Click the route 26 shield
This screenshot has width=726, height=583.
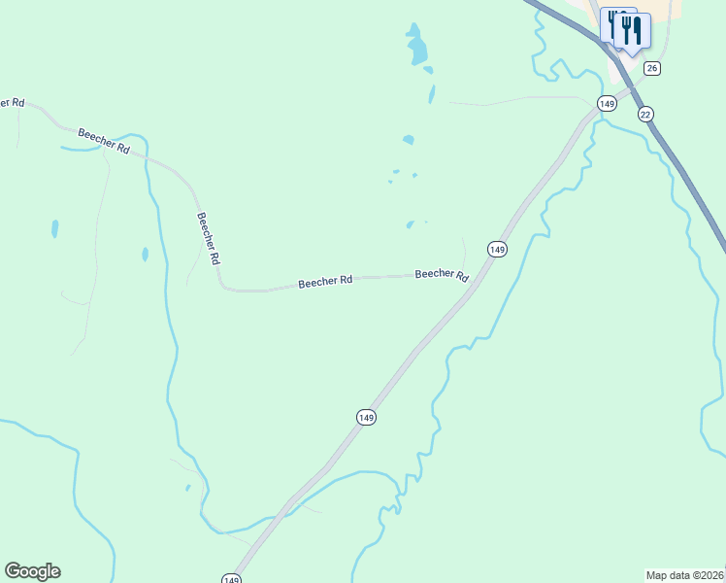(652, 68)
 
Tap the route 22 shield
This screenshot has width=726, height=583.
(645, 114)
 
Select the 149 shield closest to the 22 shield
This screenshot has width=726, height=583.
(607, 103)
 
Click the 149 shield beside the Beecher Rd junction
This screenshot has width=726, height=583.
(497, 250)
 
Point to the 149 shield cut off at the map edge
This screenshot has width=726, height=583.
(231, 578)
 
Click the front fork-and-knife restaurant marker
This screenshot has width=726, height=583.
(632, 33)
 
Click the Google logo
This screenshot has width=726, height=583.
(32, 571)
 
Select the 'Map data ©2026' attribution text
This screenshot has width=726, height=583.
(685, 575)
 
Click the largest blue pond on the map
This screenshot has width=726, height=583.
(417, 47)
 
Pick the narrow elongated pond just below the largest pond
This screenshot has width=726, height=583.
(431, 94)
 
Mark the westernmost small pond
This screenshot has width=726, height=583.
(54, 229)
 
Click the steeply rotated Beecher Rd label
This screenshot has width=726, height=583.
(209, 239)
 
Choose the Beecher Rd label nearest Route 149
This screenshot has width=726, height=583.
(442, 275)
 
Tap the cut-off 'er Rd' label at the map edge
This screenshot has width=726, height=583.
(13, 102)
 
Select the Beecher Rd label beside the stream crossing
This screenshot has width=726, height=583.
(104, 140)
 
